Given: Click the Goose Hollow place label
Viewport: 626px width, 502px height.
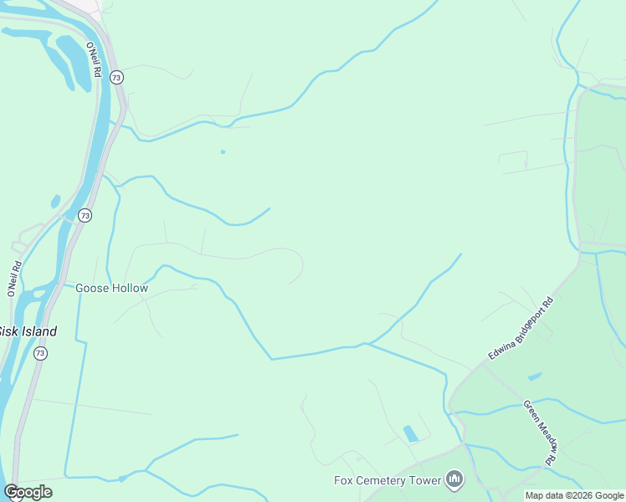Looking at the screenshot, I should (x=111, y=288).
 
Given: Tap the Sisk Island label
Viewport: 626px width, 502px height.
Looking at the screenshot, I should (x=28, y=331).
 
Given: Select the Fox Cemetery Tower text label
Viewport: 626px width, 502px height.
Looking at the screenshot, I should (x=387, y=480).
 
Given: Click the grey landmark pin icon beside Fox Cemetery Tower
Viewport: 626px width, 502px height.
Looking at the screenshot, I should (x=454, y=479).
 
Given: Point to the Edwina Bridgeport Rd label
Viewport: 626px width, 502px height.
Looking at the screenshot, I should (x=521, y=329).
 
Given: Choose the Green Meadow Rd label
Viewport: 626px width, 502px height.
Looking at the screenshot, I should (x=540, y=433).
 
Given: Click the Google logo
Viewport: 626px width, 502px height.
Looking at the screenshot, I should (x=28, y=492).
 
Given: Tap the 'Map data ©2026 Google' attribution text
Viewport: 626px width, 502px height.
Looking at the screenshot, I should (x=574, y=495).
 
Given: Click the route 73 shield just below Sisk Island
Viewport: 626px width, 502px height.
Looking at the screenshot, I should (x=40, y=354).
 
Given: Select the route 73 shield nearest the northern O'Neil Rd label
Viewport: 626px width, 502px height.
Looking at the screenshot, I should (x=116, y=77).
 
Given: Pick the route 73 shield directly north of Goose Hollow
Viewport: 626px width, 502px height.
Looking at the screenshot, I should (x=85, y=216).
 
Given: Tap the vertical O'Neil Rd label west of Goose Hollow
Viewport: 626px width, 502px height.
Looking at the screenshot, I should (x=13, y=279).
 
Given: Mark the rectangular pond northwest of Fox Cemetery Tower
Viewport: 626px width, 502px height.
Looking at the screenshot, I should (x=411, y=433).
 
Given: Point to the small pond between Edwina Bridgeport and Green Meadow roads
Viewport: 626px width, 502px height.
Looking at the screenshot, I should (x=535, y=376).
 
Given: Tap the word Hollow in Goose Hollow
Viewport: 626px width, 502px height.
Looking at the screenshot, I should (x=130, y=288).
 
